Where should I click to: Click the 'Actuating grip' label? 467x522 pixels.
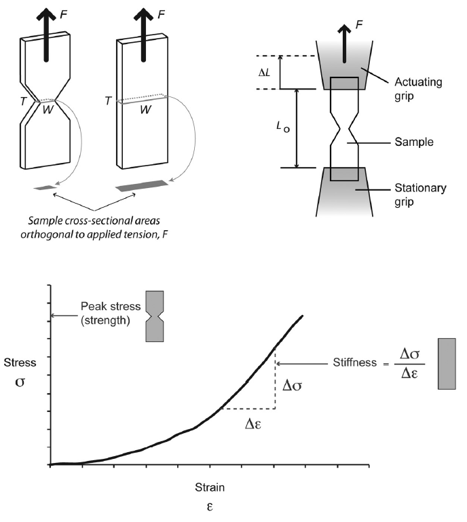418,89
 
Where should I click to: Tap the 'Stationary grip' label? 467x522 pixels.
420,195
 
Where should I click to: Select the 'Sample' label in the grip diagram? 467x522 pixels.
414,142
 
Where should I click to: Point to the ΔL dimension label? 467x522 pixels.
264,73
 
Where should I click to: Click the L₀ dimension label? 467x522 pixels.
283,127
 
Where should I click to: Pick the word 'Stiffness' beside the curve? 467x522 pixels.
355,362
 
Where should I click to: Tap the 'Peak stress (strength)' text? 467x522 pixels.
111,313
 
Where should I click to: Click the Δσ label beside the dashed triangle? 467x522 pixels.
292,386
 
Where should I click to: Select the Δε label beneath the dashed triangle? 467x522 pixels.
253,424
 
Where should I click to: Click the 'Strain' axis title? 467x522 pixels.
210,487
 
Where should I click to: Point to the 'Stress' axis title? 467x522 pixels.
20,362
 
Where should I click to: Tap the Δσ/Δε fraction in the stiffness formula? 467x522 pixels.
409,364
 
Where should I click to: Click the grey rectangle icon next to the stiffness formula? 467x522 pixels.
447,364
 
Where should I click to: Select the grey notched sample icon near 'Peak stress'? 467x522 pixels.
155,316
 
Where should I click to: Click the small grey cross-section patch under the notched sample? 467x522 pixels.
45,188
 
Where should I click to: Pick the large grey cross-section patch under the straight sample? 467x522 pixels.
142,186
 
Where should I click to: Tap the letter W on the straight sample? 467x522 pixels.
145,109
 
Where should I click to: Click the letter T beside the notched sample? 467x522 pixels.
22,101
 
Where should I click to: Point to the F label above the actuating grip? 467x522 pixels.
359,24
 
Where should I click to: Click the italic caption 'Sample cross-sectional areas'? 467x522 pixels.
94,221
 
